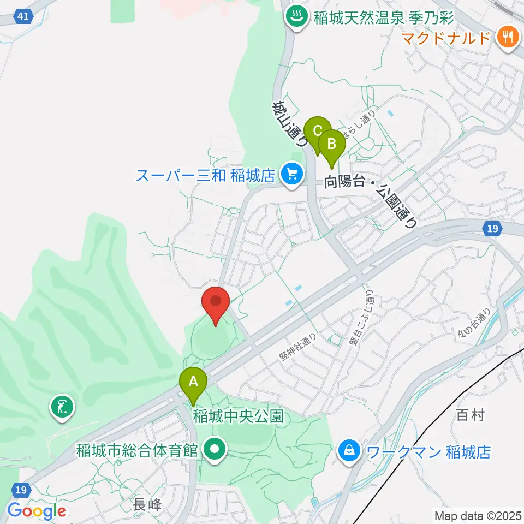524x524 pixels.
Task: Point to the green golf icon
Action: pyautogui.click(x=61, y=407)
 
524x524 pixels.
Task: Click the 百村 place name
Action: pyautogui.click(x=470, y=416)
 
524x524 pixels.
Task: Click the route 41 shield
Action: pyautogui.click(x=22, y=16)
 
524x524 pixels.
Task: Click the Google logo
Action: pyautogui.click(x=37, y=511)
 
